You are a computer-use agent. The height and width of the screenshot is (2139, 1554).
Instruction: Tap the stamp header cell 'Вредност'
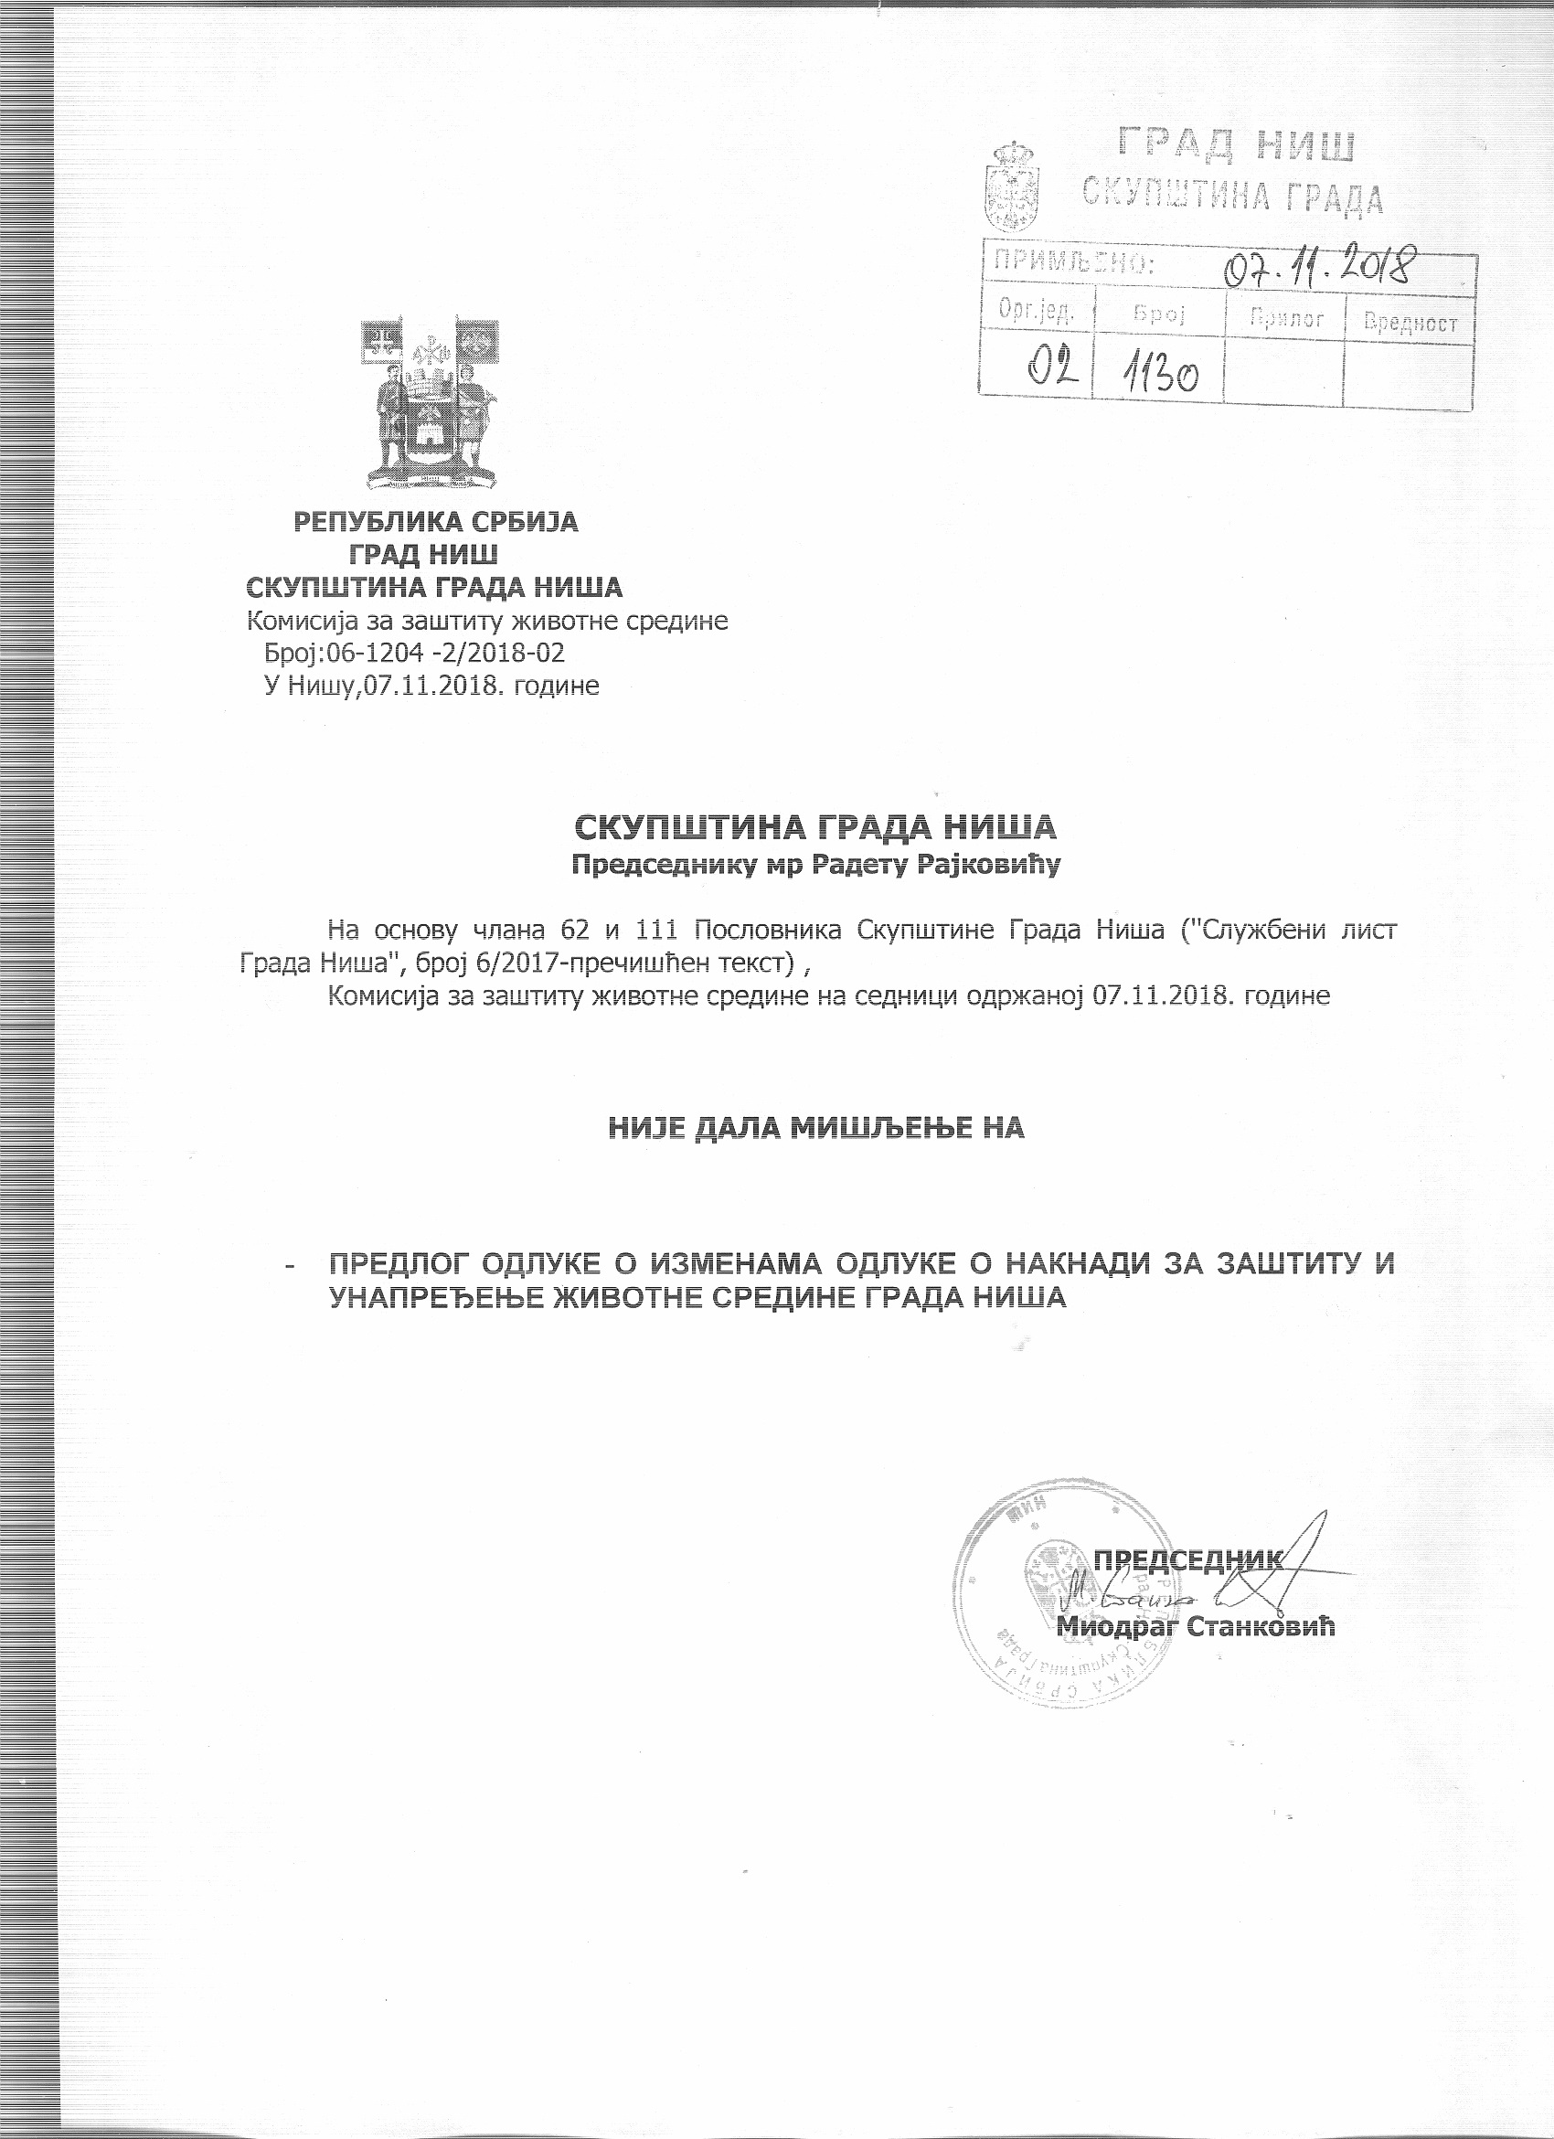click(1410, 322)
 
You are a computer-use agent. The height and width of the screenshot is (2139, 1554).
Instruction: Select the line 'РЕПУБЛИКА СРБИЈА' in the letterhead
click(437, 522)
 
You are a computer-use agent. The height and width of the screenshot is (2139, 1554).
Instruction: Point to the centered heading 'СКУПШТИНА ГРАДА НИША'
click(815, 827)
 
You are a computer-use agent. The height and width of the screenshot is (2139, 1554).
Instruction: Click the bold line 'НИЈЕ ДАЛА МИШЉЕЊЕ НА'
click(815, 1127)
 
